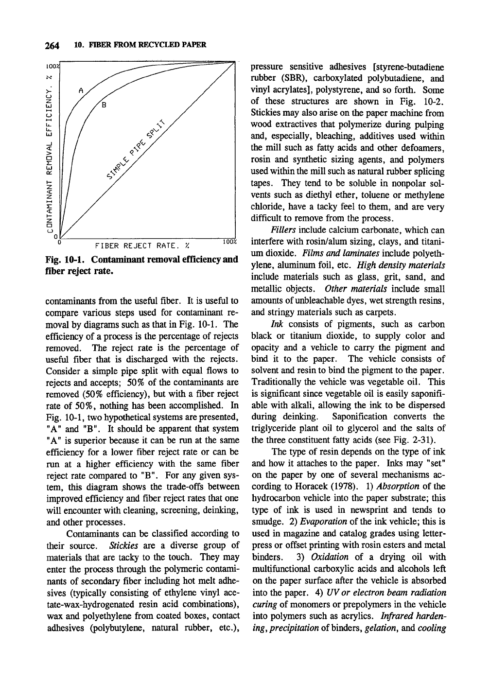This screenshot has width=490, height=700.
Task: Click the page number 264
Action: pyautogui.click(x=52, y=46)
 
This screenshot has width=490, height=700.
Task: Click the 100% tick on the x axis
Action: pyautogui.click(x=229, y=242)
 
